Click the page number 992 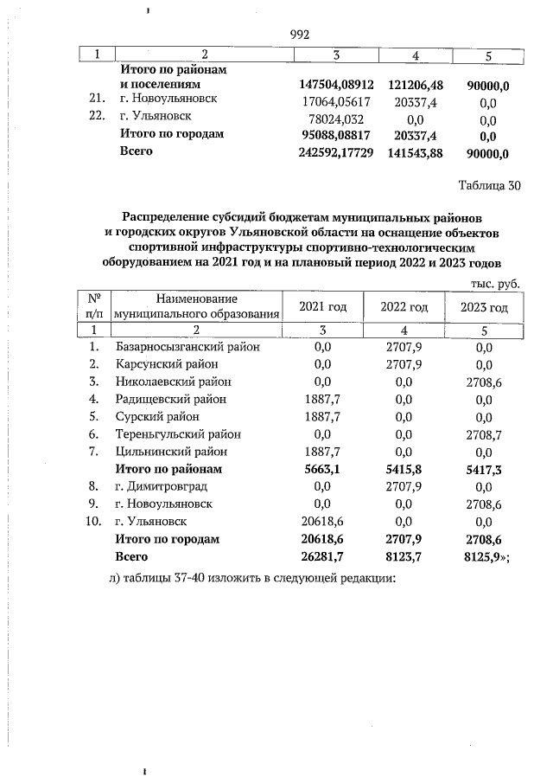[299, 35]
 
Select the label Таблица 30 [489, 184]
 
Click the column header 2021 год [322, 308]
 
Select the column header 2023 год [485, 308]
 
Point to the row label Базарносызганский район [187, 347]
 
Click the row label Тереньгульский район [178, 434]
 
